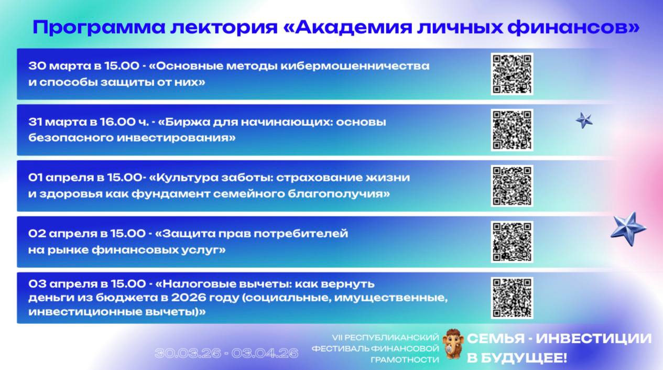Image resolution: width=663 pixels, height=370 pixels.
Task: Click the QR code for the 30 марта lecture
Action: point(512,74)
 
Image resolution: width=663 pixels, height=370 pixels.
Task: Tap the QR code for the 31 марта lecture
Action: point(512,130)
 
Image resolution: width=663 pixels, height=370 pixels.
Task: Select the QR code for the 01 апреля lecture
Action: point(512,186)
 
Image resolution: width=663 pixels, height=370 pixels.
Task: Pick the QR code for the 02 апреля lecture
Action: point(512,242)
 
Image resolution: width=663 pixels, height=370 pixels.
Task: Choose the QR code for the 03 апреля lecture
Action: point(512,298)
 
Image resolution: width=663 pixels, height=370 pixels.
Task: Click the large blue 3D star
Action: point(628,228)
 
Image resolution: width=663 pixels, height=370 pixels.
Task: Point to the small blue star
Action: point(584,121)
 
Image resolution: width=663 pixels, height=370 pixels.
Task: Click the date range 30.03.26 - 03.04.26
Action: point(226,353)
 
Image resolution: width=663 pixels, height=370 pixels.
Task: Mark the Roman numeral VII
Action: point(337,337)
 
